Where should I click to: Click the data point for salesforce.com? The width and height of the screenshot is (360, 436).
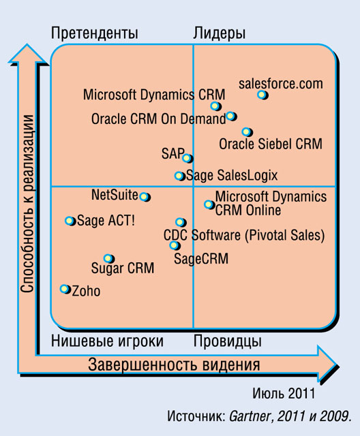pos(262,95)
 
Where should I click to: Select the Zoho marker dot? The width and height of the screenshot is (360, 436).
pos(65,289)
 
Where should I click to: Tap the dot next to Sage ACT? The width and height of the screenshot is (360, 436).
pos(70,221)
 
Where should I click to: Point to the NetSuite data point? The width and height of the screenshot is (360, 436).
pos(145,197)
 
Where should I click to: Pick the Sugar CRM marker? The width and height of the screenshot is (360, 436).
pos(109,259)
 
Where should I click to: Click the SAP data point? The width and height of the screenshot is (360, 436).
pos(187,159)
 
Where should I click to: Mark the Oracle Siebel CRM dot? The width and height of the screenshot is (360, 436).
pos(247,131)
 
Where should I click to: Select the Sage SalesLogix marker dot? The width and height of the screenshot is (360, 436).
pos(180,176)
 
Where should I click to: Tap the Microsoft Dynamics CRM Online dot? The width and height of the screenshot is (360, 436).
pos(209,204)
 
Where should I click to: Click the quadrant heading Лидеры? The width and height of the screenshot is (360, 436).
pos(220,34)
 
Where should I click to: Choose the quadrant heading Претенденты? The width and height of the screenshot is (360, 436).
pos(95,33)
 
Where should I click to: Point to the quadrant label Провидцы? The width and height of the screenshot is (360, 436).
pos(228,341)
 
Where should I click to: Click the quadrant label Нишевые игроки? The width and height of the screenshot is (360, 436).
pos(108,341)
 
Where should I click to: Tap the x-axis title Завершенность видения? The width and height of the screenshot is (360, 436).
pos(174,365)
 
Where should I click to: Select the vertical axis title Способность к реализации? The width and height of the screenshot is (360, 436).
pos(27,204)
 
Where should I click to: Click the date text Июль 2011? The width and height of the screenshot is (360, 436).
pos(284,394)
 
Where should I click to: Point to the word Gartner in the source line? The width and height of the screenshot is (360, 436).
pos(250,416)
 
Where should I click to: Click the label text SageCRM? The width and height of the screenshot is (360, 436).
pos(201,259)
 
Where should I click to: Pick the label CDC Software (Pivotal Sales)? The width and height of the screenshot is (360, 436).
pos(244,235)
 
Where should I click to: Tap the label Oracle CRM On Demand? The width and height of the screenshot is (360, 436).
pos(159,119)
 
